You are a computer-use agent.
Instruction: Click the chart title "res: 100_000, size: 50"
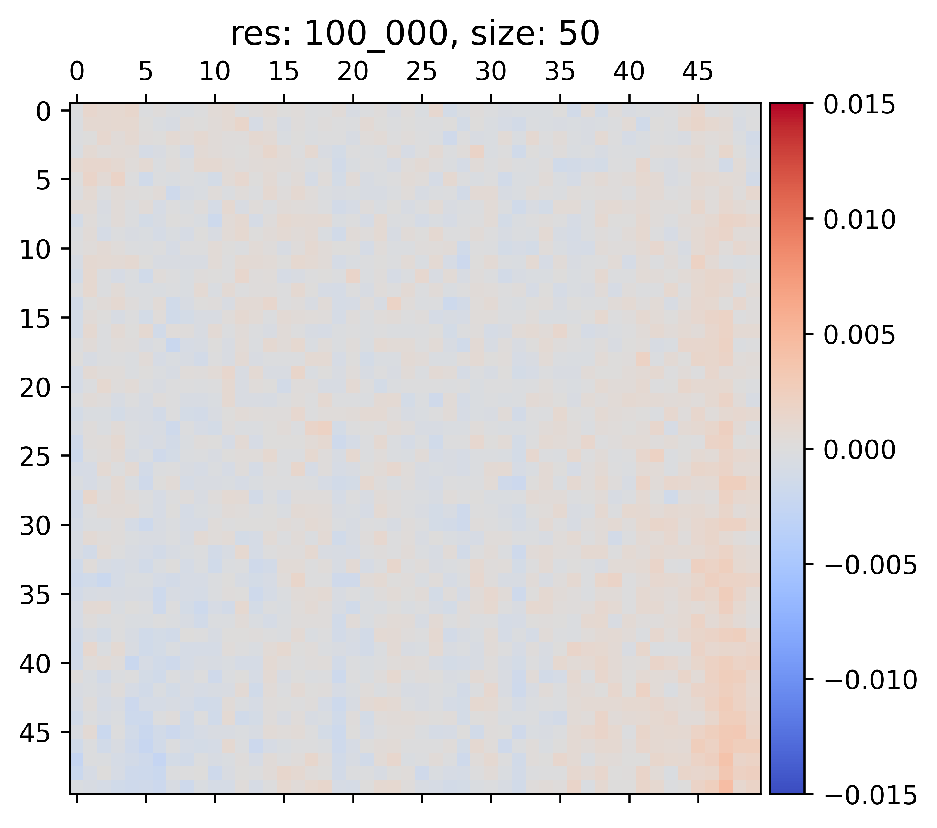click(414, 34)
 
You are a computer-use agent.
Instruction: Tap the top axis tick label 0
click(77, 72)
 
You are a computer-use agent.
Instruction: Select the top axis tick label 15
click(284, 72)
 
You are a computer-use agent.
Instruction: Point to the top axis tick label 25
click(422, 72)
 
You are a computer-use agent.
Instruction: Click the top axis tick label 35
click(560, 72)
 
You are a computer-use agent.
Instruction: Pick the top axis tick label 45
click(698, 72)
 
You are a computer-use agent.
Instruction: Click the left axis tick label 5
click(44, 180)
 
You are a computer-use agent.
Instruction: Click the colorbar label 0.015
click(859, 105)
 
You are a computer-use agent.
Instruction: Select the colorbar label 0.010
click(859, 220)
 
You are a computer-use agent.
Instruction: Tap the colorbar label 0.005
click(859, 335)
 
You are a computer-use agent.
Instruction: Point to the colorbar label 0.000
click(859, 450)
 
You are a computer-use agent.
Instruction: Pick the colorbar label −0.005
click(870, 565)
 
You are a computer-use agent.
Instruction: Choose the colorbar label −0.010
click(870, 680)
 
